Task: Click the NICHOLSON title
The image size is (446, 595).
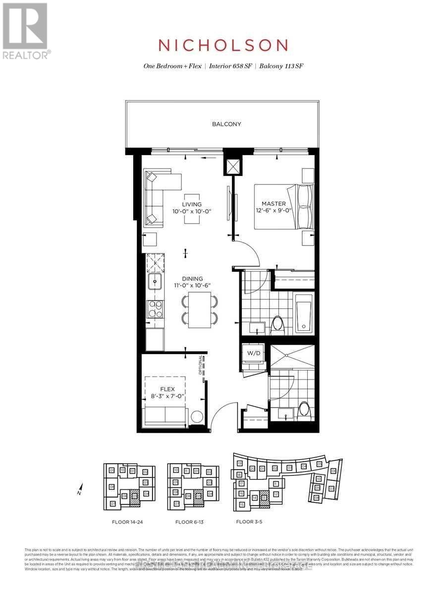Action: (223, 45)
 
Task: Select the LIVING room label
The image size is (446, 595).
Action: (192, 204)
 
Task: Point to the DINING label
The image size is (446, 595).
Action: (192, 279)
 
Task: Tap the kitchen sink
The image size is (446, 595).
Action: (155, 282)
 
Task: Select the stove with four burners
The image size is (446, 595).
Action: (155, 309)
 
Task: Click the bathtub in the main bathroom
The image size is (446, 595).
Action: (303, 313)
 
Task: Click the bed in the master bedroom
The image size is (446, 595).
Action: (284, 207)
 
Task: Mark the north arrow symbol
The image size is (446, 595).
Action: (79, 490)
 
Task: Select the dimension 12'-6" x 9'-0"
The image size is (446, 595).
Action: (272, 211)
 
